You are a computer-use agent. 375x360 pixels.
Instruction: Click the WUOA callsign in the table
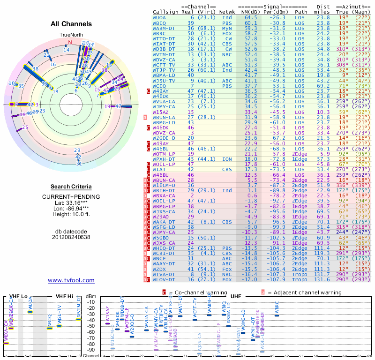click(159, 17)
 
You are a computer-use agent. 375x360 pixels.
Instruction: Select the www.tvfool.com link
click(71, 280)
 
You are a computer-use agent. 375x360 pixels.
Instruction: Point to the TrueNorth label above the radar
click(70, 35)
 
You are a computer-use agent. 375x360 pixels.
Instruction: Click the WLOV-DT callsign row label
click(164, 279)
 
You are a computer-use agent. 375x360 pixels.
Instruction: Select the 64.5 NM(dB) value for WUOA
click(251, 17)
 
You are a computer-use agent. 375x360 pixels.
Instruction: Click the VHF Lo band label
click(19, 296)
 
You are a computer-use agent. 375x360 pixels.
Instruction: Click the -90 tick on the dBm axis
click(91, 350)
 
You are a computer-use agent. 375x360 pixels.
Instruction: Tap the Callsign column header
click(165, 12)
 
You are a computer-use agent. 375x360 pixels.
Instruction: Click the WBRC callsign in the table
click(159, 33)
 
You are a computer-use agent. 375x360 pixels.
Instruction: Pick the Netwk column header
click(227, 12)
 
